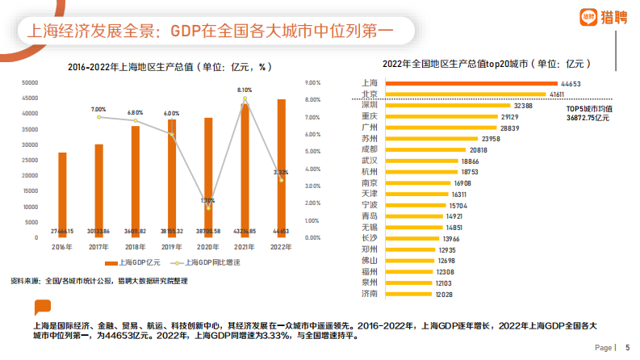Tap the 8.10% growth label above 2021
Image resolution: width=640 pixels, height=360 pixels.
[245, 90]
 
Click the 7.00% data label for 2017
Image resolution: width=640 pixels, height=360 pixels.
[98, 109]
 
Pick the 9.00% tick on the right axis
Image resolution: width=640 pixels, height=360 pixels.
[313, 82]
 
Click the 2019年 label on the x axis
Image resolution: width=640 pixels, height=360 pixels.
[171, 246]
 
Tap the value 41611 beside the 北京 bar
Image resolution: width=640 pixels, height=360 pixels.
[558, 94]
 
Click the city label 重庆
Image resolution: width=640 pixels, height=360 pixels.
[370, 116]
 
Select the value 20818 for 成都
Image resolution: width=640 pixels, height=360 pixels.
[479, 149]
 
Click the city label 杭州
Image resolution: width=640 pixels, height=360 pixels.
[370, 172]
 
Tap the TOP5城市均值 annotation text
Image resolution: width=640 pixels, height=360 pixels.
[588, 108]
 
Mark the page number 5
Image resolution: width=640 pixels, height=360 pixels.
[627, 347]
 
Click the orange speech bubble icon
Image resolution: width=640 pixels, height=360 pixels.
[41, 307]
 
